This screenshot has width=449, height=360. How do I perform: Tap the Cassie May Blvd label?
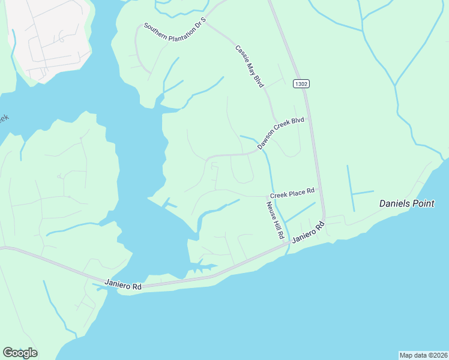pyautogui.click(x=249, y=67)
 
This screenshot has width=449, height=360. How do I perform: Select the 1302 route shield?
pyautogui.click(x=301, y=84)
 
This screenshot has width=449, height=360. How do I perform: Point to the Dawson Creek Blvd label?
pyautogui.click(x=281, y=133)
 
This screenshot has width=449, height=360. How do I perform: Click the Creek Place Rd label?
pyautogui.click(x=292, y=192)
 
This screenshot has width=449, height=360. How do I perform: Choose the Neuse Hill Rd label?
pyautogui.click(x=274, y=220)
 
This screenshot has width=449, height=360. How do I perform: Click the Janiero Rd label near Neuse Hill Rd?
pyautogui.click(x=309, y=232)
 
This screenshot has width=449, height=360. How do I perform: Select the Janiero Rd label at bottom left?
pyautogui.click(x=122, y=284)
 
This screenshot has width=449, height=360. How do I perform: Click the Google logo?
pyautogui.click(x=20, y=353)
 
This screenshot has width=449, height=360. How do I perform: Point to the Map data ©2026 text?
pyautogui.click(x=423, y=355)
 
